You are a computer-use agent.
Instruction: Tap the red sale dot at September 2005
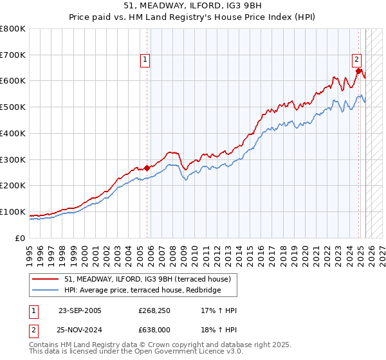coord(147,168)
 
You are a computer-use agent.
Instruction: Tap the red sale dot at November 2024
coord(359,71)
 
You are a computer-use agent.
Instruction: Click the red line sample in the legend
coord(46,279)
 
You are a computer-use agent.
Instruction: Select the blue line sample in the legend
coord(46,291)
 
